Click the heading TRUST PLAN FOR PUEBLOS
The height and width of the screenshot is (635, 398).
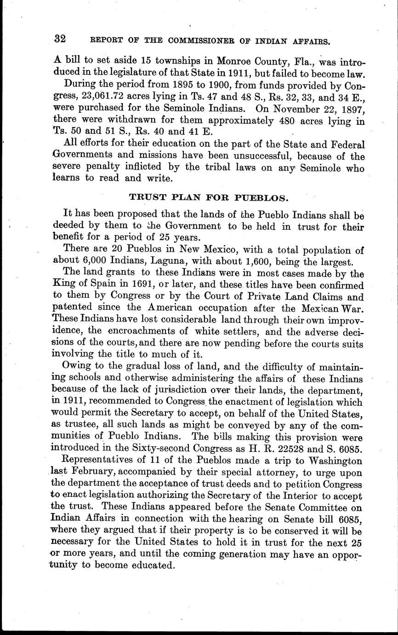coord(209,198)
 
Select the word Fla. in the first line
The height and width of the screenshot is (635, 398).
coord(296,62)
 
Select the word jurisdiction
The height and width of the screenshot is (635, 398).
coord(160,391)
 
